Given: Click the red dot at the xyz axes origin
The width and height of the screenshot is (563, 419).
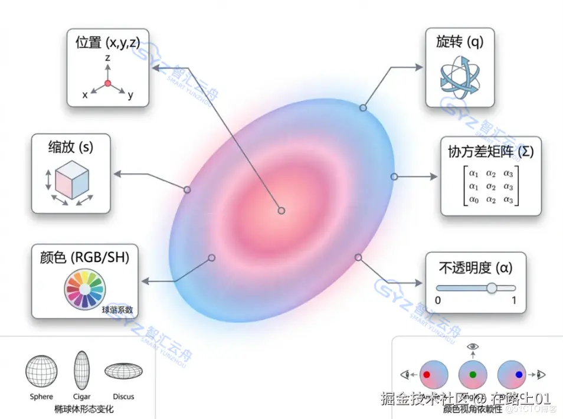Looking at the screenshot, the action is point(108,83).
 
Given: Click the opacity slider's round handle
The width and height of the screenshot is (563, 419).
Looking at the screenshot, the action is point(491,288).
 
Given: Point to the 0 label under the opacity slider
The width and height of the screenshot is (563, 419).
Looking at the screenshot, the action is point(437,301).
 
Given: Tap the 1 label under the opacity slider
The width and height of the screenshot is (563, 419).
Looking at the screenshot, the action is point(513,301).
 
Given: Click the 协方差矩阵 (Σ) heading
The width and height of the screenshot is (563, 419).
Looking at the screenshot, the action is point(487,152).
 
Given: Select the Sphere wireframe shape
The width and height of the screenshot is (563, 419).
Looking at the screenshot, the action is point(42,371).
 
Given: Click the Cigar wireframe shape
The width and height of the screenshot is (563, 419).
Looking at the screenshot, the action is point(81,370).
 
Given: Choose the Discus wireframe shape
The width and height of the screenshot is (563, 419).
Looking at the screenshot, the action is point(123,371).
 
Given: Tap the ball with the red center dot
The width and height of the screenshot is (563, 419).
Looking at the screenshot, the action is point(434,374).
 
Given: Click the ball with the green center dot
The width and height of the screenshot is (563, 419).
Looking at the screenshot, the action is point(473,374).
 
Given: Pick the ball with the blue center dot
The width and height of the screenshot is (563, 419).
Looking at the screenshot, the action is point(512,374).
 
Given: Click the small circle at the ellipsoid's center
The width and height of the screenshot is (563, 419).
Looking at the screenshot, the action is point(281,210).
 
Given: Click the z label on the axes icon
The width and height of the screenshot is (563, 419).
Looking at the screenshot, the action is point(108,58).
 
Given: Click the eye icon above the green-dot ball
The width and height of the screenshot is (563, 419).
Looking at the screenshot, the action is point(473,346).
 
